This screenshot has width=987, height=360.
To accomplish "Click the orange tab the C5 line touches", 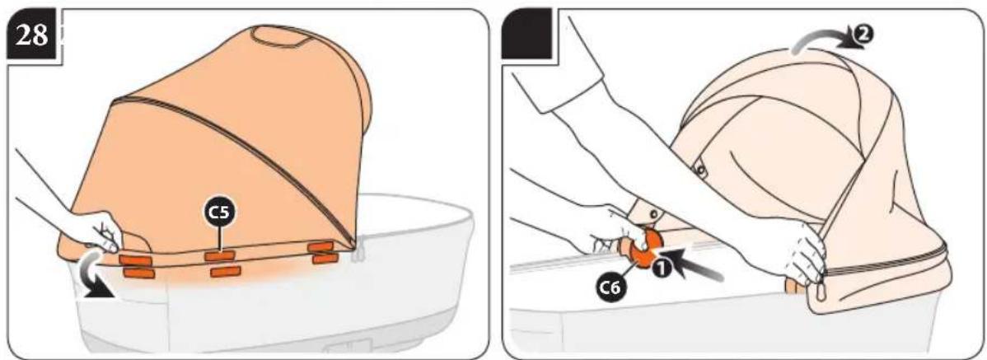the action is (220, 255).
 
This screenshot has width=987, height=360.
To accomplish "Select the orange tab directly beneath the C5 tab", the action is (226, 272).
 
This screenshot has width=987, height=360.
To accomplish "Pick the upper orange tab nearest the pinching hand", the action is (135, 259).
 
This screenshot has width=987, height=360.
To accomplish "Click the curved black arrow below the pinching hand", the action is (89, 278).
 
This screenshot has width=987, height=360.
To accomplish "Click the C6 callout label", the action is (610, 289).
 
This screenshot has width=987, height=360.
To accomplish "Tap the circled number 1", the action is (660, 269).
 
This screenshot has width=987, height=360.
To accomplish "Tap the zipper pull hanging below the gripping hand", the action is (818, 291).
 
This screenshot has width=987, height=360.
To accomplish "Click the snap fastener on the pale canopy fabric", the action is (700, 169).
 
